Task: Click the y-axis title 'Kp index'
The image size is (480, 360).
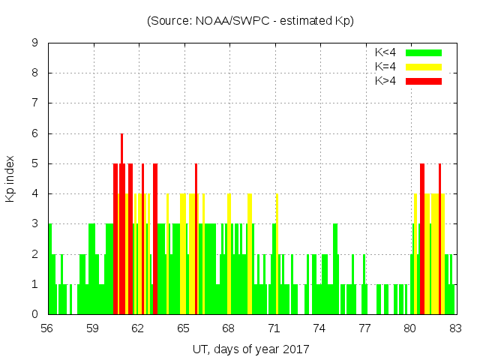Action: point(10,179)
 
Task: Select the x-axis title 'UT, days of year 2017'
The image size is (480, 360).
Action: point(250,349)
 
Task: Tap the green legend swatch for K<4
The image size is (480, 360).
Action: point(424,52)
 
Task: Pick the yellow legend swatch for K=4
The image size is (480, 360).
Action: point(424,67)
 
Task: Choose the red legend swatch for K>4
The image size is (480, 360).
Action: point(424,81)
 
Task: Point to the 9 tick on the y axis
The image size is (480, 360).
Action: point(34,43)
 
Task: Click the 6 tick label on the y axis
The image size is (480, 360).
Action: point(34,133)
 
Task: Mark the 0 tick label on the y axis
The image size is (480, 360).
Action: point(34,314)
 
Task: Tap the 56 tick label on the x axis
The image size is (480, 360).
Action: point(47,328)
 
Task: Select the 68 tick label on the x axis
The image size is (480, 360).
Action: point(228,328)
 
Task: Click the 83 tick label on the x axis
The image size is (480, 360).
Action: point(454,328)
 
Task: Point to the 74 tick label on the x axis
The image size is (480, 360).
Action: point(319,328)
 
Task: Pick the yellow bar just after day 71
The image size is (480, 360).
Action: point(277,255)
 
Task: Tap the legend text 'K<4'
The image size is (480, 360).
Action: point(385,52)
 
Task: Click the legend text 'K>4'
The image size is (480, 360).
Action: point(385,81)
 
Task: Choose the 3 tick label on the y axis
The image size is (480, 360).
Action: point(34,224)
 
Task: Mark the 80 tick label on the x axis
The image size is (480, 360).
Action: point(409,328)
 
